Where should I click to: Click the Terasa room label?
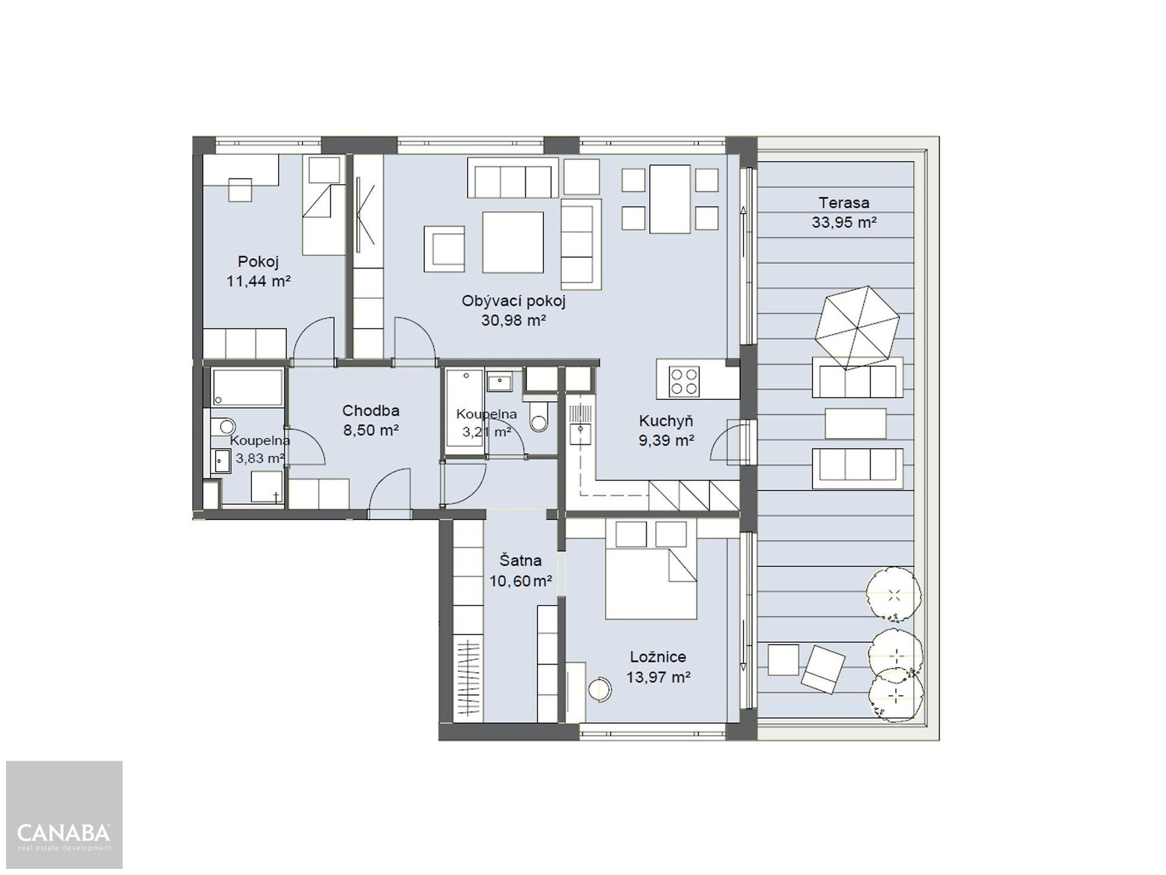[x=844, y=203]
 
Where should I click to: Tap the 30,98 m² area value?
[x=514, y=321]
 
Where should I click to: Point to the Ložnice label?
[x=658, y=657]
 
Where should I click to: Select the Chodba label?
[x=370, y=410]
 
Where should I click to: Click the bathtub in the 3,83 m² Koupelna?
[x=247, y=388]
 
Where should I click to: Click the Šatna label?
[x=520, y=560]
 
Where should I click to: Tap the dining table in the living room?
[x=670, y=199]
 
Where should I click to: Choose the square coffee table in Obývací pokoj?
[x=513, y=242]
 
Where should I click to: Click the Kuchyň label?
[x=666, y=420]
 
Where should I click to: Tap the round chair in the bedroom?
[x=602, y=688]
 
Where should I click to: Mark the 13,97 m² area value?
[x=658, y=677]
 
